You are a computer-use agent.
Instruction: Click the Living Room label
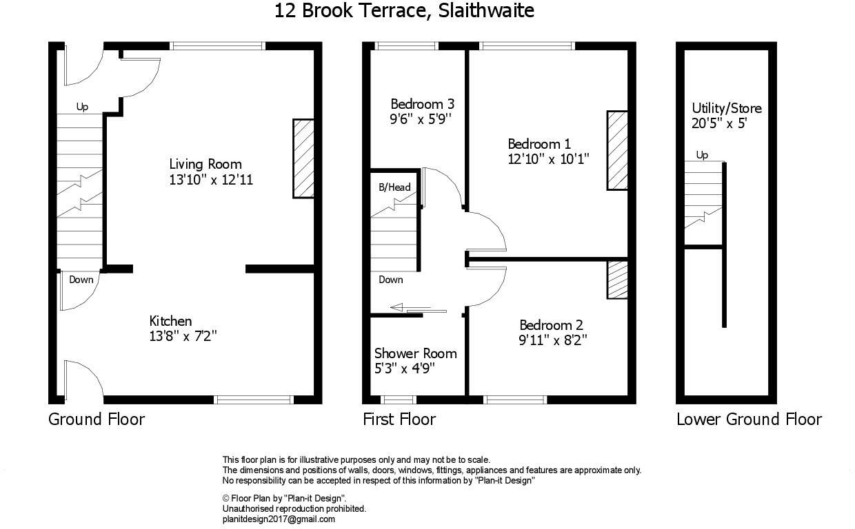coord(205,164)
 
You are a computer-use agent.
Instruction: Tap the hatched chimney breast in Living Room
coord(303,158)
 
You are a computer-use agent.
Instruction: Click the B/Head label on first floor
coord(394,187)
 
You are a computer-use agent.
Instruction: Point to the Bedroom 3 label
coord(422,104)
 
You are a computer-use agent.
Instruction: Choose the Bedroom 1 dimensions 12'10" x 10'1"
coord(548,159)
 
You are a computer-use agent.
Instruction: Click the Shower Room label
coord(415,353)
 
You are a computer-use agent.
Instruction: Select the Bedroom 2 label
coord(551,325)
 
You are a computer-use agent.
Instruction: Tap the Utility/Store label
coord(727,109)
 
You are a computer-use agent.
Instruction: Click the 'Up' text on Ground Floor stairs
coord(82,107)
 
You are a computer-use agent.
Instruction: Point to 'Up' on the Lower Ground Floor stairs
coord(702,155)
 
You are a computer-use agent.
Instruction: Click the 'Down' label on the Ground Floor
coord(81,280)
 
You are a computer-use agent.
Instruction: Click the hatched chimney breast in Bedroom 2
coord(617,280)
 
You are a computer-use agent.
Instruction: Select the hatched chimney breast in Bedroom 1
coord(617,149)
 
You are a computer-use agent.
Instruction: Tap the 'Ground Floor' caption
coord(97,419)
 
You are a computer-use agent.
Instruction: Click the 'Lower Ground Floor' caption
coord(749,419)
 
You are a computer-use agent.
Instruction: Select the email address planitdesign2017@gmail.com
coord(279,519)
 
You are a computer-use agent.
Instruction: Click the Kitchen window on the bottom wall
coord(254,400)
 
